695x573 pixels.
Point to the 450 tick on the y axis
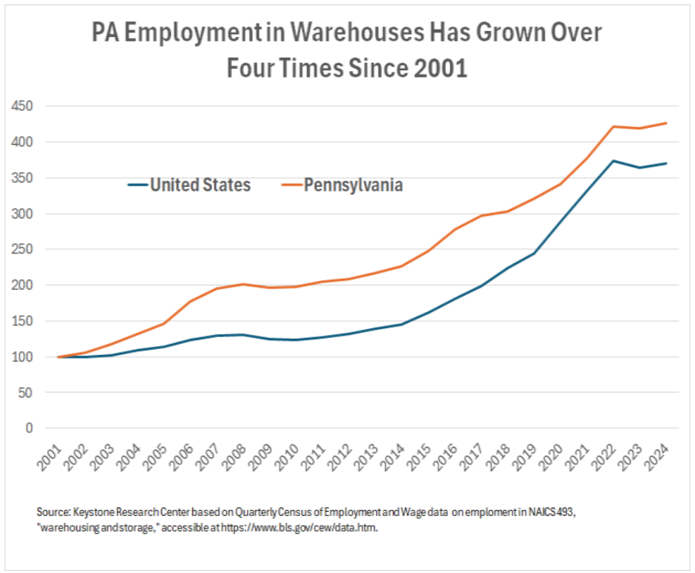[x=23, y=106]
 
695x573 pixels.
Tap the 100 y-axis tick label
[x=23, y=357]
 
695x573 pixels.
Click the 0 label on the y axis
[x=30, y=428]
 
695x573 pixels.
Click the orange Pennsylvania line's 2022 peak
[x=614, y=126]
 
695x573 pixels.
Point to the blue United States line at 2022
[x=614, y=161]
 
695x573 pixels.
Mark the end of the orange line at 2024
[x=667, y=123]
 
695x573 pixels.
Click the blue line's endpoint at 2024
[x=667, y=163]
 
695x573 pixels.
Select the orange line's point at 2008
[x=243, y=284]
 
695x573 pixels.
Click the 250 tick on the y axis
[x=23, y=250]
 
